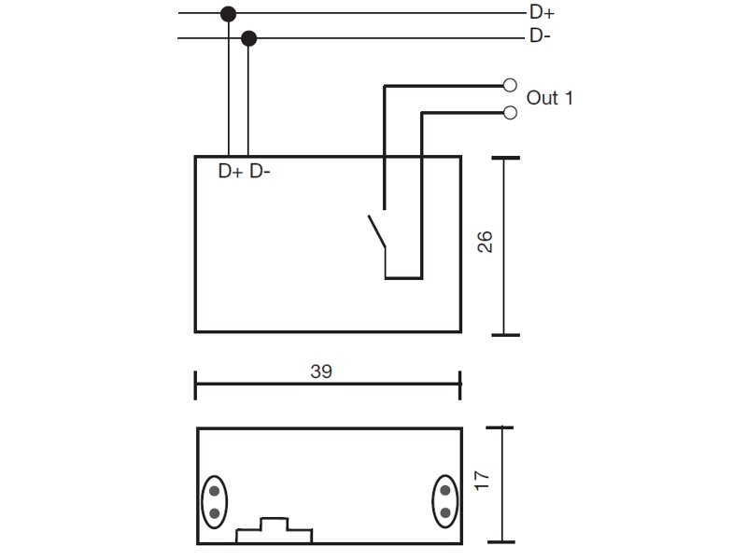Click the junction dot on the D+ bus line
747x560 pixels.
pyautogui.click(x=229, y=14)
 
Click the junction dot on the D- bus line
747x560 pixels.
pyautogui.click(x=248, y=38)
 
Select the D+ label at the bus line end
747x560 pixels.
pyautogui.click(x=542, y=12)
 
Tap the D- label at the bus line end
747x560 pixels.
pyautogui.click(x=540, y=35)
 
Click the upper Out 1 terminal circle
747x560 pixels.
pyautogui.click(x=510, y=85)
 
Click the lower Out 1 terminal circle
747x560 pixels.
pyautogui.click(x=510, y=113)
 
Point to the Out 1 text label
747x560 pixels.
pyautogui.click(x=549, y=98)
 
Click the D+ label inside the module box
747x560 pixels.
pyautogui.click(x=231, y=171)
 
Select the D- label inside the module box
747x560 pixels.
pyautogui.click(x=260, y=171)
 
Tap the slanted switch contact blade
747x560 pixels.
pyautogui.click(x=376, y=231)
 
